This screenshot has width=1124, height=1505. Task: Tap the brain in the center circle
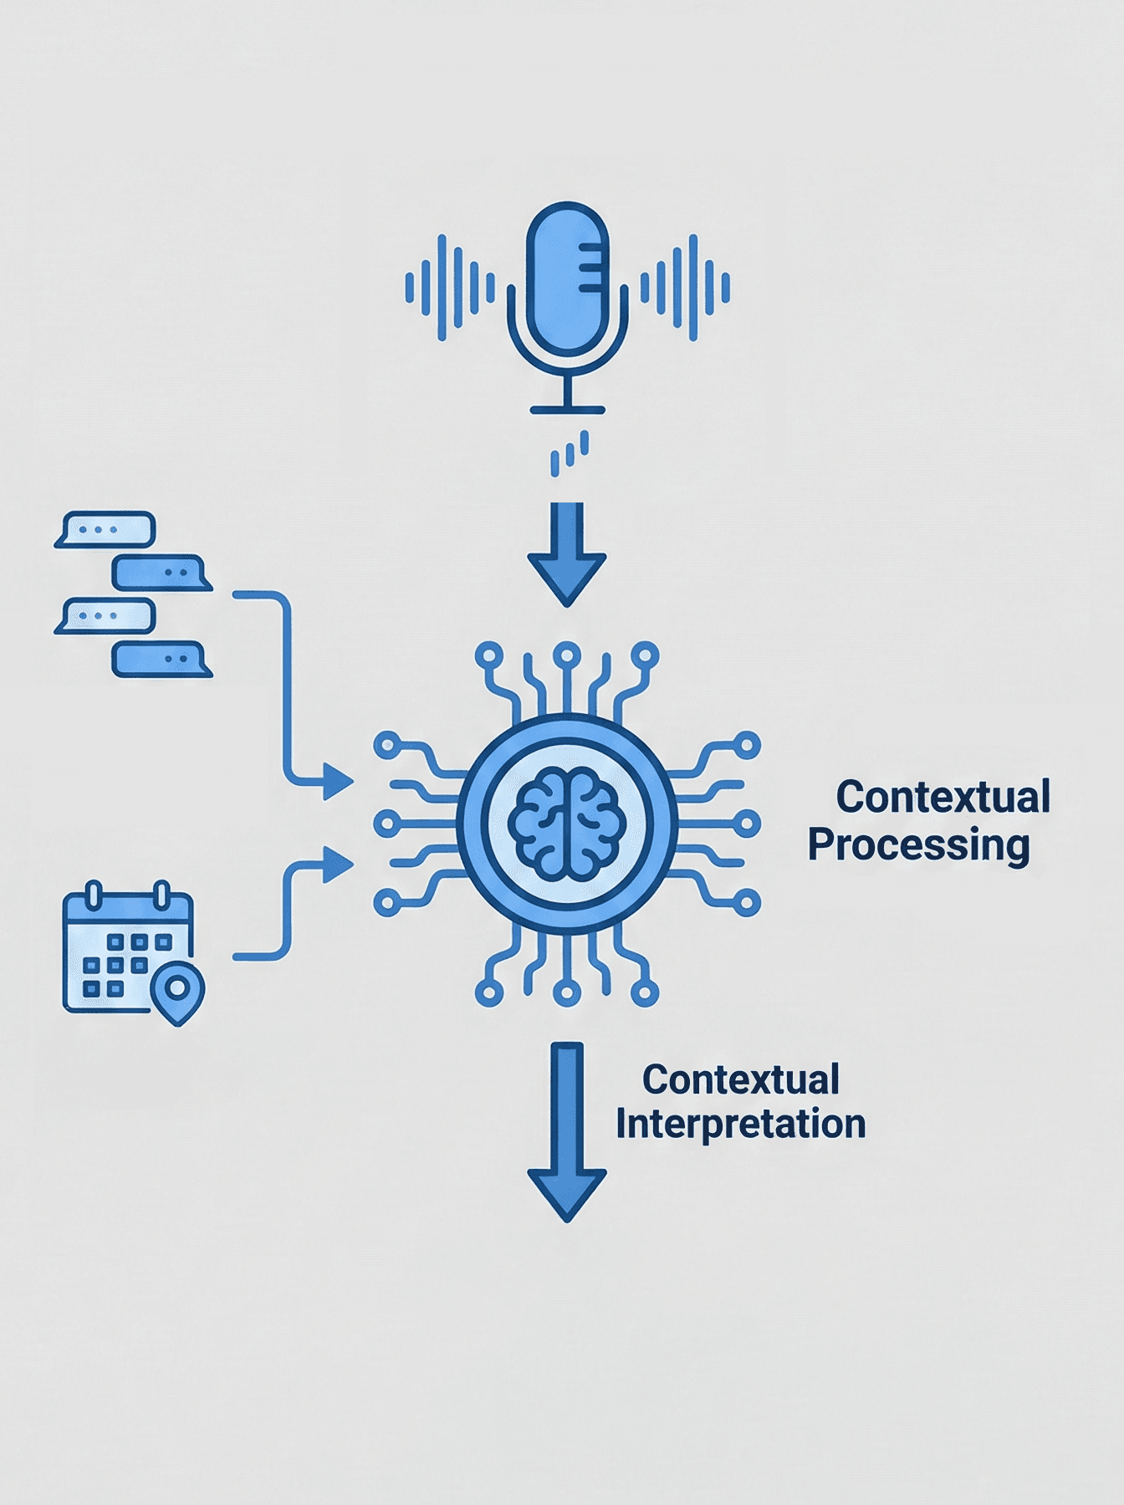tap(567, 824)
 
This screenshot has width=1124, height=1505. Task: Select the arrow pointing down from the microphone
tap(567, 555)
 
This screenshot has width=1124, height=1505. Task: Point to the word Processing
tap(918, 845)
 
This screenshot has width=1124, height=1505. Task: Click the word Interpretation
tap(740, 1125)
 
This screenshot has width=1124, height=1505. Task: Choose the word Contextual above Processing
tap(943, 797)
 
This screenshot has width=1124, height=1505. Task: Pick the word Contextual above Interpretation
tap(740, 1079)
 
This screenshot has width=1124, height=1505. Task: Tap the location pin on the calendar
tap(177, 992)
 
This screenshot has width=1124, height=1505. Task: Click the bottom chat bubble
tap(161, 659)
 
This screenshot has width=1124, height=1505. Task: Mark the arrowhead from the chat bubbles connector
tap(337, 782)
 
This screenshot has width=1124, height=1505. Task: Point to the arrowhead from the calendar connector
tap(337, 865)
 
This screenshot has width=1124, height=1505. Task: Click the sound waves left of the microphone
tap(449, 288)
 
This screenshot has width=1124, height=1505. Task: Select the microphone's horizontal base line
tap(567, 410)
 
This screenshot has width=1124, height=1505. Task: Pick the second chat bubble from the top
tap(161, 573)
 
